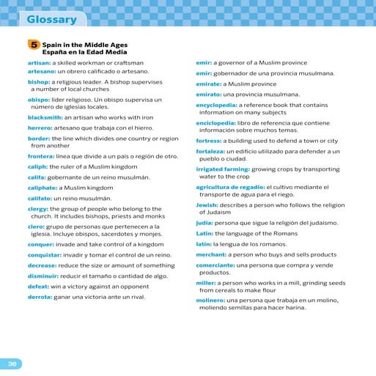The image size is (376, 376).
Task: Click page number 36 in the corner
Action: (12, 364)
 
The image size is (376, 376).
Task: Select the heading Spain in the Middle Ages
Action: (84, 45)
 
